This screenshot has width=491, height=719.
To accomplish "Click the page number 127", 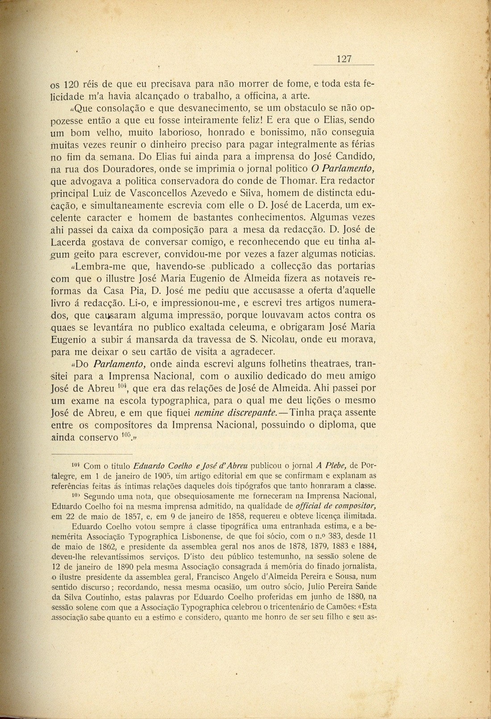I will [x=344, y=59].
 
